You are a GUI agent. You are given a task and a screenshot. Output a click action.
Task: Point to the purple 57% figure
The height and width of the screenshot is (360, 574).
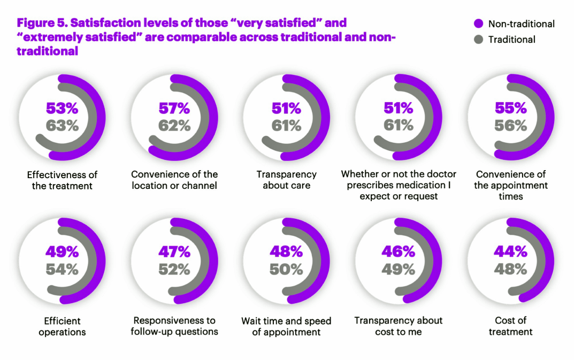(x=174, y=109)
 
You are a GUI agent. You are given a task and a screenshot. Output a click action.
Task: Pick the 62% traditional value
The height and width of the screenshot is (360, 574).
(x=174, y=126)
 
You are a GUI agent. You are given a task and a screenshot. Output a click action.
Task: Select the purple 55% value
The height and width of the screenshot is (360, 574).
(x=511, y=109)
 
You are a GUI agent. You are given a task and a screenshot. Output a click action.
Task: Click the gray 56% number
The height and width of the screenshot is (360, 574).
(x=511, y=126)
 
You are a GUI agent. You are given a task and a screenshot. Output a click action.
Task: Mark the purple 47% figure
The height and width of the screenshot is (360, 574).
(x=174, y=252)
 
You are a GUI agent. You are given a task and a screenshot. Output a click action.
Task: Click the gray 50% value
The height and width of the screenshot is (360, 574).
(x=287, y=270)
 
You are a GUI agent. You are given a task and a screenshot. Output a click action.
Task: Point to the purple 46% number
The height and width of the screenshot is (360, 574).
(x=399, y=252)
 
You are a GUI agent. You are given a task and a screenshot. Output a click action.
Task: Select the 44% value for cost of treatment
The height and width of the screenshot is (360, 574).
(x=511, y=252)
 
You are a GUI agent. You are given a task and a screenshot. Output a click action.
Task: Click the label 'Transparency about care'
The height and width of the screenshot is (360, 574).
(x=287, y=180)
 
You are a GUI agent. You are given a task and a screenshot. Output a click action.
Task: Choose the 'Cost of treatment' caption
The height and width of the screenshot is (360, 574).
(x=511, y=326)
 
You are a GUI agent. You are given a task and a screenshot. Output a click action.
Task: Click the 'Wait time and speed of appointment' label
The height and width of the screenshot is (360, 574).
(x=287, y=326)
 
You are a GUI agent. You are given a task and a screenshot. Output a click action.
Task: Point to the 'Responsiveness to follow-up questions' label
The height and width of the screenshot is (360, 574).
(x=174, y=326)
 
